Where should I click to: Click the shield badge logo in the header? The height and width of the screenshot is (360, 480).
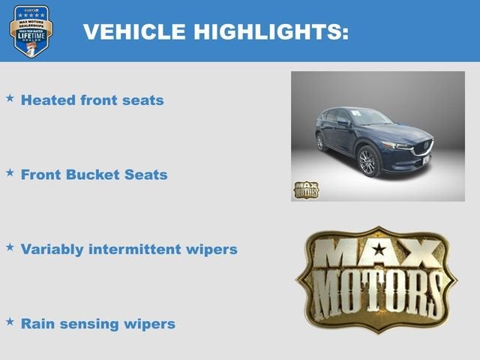point(31,31)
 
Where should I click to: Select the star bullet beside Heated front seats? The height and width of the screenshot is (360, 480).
point(10,98)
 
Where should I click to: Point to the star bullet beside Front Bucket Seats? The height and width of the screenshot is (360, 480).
point(10,172)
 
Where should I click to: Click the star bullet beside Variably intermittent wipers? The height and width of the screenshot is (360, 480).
point(10,247)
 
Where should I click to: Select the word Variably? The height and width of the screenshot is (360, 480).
point(53,249)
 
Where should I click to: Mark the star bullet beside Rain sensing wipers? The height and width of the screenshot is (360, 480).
point(10,322)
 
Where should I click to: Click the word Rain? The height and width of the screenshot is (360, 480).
point(38,324)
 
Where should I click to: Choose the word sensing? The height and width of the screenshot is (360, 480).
point(89,324)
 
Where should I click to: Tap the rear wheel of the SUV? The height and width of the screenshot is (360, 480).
point(321,141)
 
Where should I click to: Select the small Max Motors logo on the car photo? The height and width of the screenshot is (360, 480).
point(305,190)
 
